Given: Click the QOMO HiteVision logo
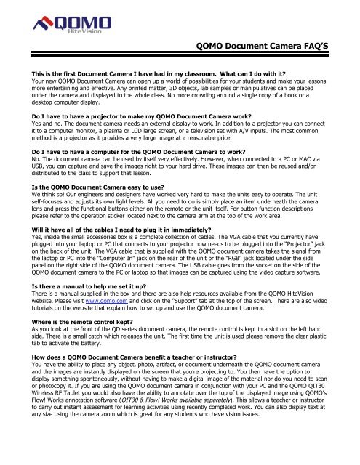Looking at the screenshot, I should click(x=58, y=31).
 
